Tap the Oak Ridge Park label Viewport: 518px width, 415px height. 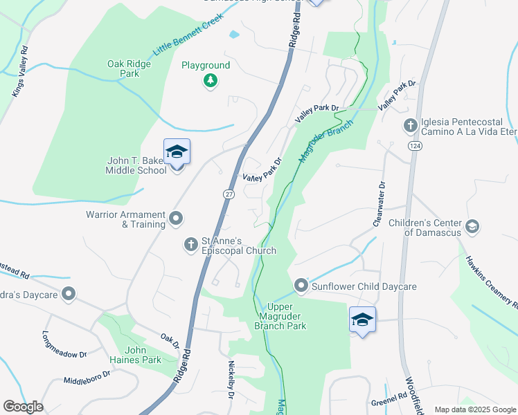click(x=129, y=68)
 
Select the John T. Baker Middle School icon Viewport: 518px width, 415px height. click(x=177, y=153)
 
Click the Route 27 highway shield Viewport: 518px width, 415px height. click(x=229, y=194)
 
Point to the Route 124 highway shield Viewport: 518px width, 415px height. click(x=414, y=146)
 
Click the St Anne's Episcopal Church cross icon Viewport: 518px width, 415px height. click(x=191, y=244)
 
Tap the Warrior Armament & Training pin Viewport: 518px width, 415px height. click(x=176, y=219)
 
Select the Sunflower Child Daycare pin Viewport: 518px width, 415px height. click(x=301, y=285)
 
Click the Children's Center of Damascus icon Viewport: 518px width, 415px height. click(x=472, y=226)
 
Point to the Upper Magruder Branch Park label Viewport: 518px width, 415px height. click(x=280, y=316)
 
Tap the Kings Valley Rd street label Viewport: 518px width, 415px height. click(x=20, y=72)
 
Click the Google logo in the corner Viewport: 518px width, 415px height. click(x=23, y=407)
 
